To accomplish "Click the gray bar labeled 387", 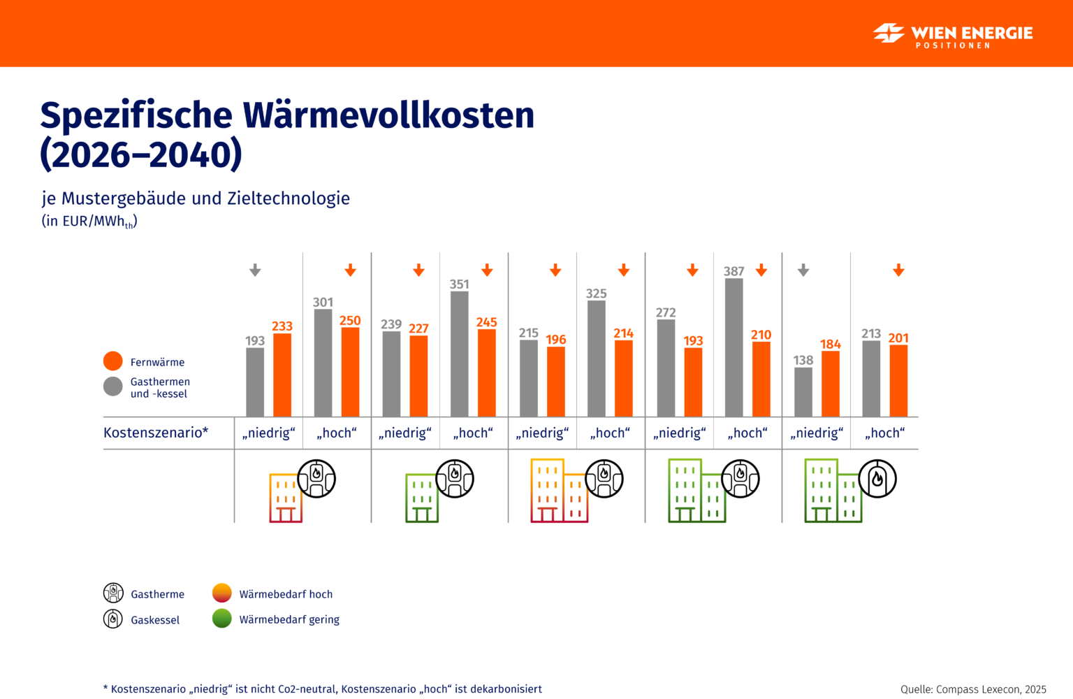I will [x=733, y=347].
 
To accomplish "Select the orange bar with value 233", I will [x=282, y=375].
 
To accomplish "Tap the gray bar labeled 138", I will [x=803, y=391].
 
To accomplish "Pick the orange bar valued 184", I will [x=830, y=384].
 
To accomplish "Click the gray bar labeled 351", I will [x=459, y=354].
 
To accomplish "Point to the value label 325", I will [x=596, y=294].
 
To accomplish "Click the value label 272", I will [x=666, y=312].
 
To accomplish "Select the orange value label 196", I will [x=556, y=340].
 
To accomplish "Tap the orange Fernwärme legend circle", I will [x=113, y=361].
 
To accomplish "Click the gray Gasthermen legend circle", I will [x=113, y=387].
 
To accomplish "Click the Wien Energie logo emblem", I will [x=889, y=33].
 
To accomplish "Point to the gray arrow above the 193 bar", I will [x=255, y=270].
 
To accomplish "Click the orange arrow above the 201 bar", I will [x=898, y=270].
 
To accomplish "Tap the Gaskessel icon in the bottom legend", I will [x=113, y=619].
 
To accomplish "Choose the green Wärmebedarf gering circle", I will [x=222, y=619].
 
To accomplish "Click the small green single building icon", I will [x=422, y=498].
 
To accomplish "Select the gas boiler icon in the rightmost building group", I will [x=877, y=479].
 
